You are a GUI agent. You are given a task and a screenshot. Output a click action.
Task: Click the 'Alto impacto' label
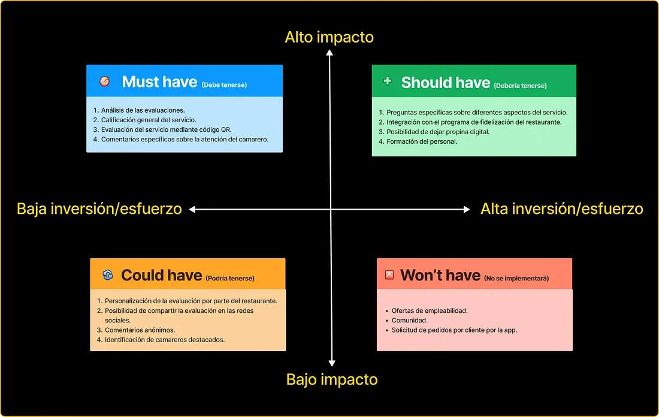tap(329, 37)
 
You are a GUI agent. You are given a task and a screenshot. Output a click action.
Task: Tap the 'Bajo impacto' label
tap(332, 379)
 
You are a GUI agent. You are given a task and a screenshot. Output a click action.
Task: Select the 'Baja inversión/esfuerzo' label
tap(99, 208)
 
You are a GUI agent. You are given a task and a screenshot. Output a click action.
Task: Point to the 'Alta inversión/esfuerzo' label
tap(561, 208)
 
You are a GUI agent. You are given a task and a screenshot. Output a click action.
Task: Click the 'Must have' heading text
tap(159, 82)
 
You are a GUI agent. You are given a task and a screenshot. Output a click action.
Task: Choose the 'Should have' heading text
tap(446, 83)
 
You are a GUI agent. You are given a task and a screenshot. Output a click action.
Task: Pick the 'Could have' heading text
tap(161, 275)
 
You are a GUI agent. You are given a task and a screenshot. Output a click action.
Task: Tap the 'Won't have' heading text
tap(440, 275)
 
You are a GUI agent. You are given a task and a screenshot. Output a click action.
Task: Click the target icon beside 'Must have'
tap(104, 81)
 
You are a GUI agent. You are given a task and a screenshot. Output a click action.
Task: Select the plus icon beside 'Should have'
tap(387, 80)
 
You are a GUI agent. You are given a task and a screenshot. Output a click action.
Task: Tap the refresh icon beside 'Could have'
tap(107, 274)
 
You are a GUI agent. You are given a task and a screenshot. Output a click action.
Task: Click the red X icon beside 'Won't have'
tap(389, 274)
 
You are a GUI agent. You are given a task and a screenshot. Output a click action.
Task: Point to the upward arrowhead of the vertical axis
tap(329, 52)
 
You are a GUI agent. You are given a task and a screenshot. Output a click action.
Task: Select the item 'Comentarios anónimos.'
tap(140, 330)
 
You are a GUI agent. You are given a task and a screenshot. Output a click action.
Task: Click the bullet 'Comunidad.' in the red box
tap(409, 321)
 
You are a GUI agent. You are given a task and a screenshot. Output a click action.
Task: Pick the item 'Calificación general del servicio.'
tap(149, 120)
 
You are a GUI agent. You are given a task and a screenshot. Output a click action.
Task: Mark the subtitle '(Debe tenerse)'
tap(224, 85)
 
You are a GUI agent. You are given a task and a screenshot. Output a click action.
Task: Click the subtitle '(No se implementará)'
tap(516, 278)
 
